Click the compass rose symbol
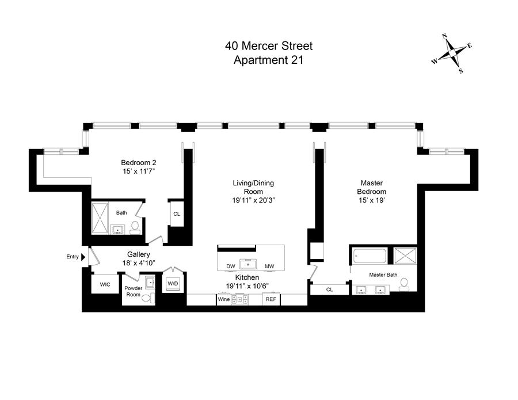coord(452,53)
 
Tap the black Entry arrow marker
coord(83,257)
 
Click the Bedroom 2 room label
coord(138,162)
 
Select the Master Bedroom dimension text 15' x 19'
coord(372,200)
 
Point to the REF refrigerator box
coord(271,299)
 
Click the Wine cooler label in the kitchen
coord(224,299)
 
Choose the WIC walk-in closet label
coord(105,284)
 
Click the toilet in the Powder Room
coord(147,298)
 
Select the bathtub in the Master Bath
coord(370,256)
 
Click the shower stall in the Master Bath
coord(405,256)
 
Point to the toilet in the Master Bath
coord(403,285)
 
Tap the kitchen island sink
coord(248,264)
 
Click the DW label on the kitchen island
coord(231,266)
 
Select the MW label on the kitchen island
coord(269,266)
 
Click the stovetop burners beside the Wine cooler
coord(239,299)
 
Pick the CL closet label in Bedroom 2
coord(177,214)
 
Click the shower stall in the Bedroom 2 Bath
coord(100,218)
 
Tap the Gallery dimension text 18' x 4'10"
coord(138,263)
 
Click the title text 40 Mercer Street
coord(269,45)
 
